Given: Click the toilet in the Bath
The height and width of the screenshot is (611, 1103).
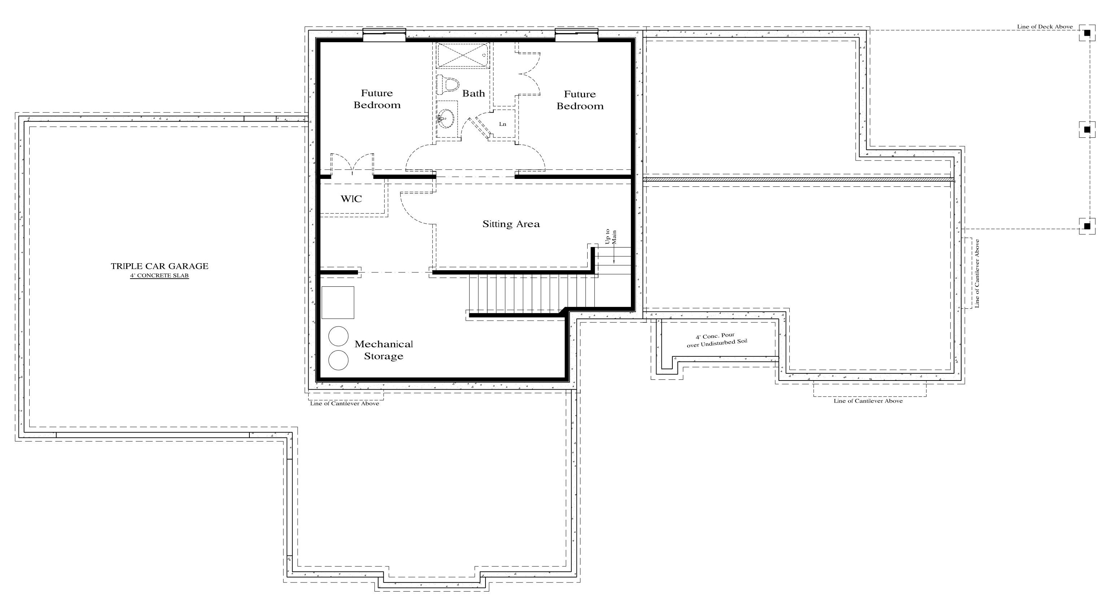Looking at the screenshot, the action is click(448, 84).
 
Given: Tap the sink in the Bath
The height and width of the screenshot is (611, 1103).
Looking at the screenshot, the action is click(446, 118).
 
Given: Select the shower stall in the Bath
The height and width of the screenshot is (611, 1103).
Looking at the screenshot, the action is click(462, 55).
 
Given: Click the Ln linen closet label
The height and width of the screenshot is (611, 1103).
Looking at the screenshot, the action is click(503, 124).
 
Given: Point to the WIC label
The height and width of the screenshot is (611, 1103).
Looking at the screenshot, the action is click(351, 198).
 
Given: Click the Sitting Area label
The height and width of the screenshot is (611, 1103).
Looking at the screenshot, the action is click(511, 224).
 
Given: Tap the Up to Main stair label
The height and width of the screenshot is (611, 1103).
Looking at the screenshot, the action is click(611, 237).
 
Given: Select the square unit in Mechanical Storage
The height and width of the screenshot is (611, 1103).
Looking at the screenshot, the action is click(338, 303).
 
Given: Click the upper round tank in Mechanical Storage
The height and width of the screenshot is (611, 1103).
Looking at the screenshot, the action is click(338, 336).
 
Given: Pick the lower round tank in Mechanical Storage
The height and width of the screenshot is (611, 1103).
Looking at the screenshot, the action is click(338, 360).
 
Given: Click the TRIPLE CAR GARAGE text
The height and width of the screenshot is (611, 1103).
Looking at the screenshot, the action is click(160, 266).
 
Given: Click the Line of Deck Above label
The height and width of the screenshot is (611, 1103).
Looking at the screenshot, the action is click(1045, 27).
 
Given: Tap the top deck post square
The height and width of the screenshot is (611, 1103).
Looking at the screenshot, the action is click(1087, 32).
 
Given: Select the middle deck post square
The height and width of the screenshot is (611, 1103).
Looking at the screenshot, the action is click(1087, 129).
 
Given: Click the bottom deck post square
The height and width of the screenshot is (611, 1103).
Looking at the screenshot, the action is click(1087, 225).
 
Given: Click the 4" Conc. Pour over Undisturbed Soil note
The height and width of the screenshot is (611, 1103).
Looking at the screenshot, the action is click(717, 340).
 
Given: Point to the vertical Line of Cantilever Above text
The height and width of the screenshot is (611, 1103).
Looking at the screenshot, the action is click(977, 273).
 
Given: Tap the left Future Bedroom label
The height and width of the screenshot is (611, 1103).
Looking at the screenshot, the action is click(377, 99).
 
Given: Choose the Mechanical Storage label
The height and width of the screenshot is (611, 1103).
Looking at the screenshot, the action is click(384, 350).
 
